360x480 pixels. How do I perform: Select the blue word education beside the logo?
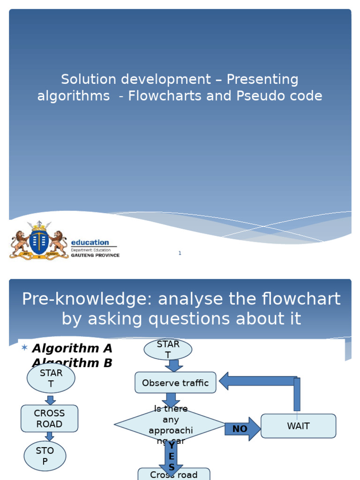pos(90,242)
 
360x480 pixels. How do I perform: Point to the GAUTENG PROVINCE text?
pos(95,255)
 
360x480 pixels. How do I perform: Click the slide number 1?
pos(180,254)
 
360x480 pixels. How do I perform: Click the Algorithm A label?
pos(72,348)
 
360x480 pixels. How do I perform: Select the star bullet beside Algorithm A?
pos(24,347)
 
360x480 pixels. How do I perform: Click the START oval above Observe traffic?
pos(168,350)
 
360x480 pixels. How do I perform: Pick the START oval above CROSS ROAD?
pos(51,378)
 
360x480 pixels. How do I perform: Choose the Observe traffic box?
pos(175,382)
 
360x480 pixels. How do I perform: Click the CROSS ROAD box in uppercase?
pos(49,419)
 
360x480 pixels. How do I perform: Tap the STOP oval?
pos(45,456)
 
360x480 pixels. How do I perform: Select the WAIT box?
pos(298,426)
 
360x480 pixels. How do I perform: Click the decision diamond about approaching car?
pos(170,425)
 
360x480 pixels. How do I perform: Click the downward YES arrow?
pos(171,457)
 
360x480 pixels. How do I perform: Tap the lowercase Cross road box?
pos(173,474)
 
